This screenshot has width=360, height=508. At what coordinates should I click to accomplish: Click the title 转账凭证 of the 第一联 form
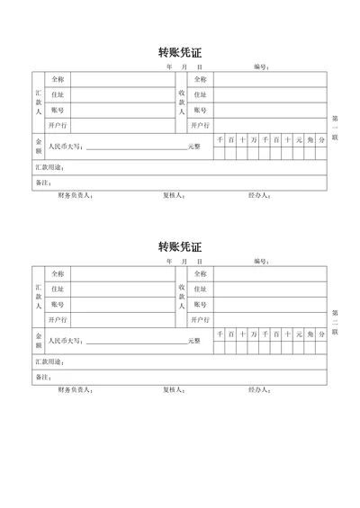(179, 51)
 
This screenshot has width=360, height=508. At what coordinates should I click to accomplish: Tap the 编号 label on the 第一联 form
(262, 67)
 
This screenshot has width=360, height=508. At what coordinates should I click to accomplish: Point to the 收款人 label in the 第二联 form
(182, 298)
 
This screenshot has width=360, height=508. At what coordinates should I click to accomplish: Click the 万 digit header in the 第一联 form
(254, 139)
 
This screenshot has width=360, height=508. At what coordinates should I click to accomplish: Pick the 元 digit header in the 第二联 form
(299, 334)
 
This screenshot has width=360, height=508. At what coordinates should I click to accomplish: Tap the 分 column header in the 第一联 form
(320, 139)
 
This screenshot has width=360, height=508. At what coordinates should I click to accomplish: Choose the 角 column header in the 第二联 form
(310, 334)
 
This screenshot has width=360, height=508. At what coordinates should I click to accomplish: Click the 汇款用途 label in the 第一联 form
(49, 167)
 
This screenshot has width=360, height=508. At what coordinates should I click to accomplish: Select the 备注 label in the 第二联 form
(43, 378)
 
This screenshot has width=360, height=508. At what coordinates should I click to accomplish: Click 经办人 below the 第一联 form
(258, 195)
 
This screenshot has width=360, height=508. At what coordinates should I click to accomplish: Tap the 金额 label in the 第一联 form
(39, 146)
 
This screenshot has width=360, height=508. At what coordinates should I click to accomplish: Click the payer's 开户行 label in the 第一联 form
(58, 125)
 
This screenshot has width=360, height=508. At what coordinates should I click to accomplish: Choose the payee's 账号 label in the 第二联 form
(200, 305)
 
